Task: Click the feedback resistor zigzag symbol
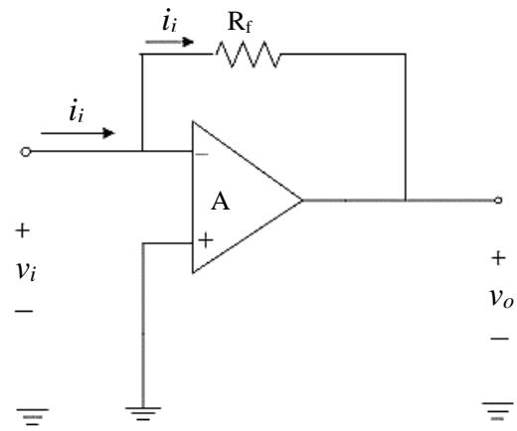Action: pyautogui.click(x=248, y=54)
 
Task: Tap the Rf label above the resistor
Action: pyautogui.click(x=240, y=23)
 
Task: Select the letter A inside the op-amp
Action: pyautogui.click(x=221, y=201)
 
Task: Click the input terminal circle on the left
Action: pyautogui.click(x=26, y=152)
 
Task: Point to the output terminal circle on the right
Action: pyautogui.click(x=498, y=200)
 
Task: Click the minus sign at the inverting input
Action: pyautogui.click(x=202, y=154)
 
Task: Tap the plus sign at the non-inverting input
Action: pyautogui.click(x=206, y=240)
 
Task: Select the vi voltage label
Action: pyautogui.click(x=26, y=271)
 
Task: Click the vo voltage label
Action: pyautogui.click(x=502, y=297)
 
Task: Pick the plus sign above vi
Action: pyautogui.click(x=23, y=230)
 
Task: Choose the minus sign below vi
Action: pyautogui.click(x=24, y=311)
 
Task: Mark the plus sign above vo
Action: pyautogui.click(x=498, y=258)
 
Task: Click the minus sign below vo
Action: pyautogui.click(x=500, y=339)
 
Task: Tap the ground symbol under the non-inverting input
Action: pyautogui.click(x=143, y=414)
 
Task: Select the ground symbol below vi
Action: pyautogui.click(x=33, y=417)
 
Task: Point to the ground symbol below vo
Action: pyautogui.click(x=498, y=411)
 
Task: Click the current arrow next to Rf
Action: pyautogui.click(x=170, y=42)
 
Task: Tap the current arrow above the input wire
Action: pyautogui.click(x=78, y=133)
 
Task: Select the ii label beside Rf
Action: pyautogui.click(x=169, y=20)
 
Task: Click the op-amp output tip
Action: pyautogui.click(x=302, y=200)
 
